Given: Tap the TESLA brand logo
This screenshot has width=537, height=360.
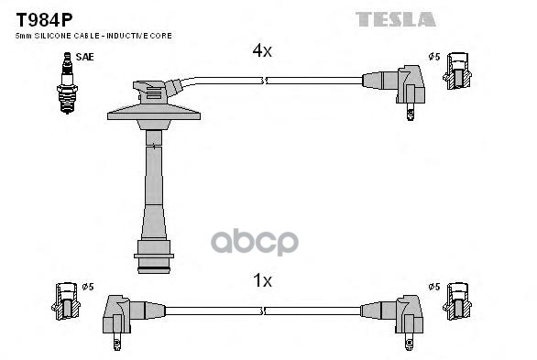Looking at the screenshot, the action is tap(396, 18).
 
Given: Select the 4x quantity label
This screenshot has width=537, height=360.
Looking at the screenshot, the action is tap(262, 51).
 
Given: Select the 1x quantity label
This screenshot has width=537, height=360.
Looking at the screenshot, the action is tap(262, 280).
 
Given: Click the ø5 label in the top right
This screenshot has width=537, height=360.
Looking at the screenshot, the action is tap(435, 58).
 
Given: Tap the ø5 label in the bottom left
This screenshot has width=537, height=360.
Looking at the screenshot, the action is tap(87, 287).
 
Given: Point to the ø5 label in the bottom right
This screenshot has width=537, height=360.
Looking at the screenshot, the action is tap(435, 287).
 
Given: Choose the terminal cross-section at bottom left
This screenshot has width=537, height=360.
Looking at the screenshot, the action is tap(65, 302).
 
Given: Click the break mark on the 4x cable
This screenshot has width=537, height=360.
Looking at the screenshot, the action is tap(265, 82).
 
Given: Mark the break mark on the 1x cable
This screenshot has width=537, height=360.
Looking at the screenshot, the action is tap(265, 311).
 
